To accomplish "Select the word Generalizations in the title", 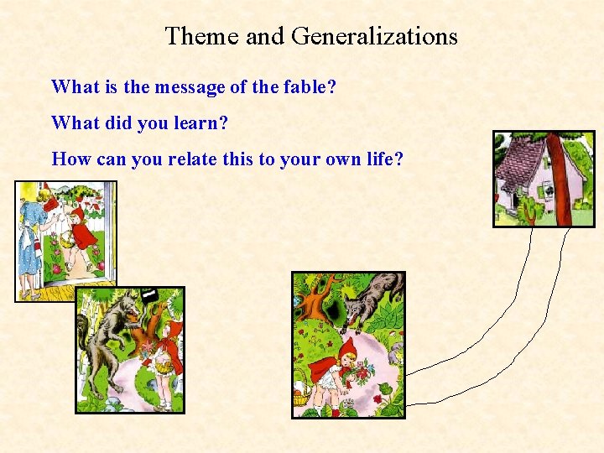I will pyautogui.click(x=374, y=36).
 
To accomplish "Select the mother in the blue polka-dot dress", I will pyautogui.click(x=34, y=235).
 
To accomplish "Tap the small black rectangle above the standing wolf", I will pyautogui.click(x=148, y=294).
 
